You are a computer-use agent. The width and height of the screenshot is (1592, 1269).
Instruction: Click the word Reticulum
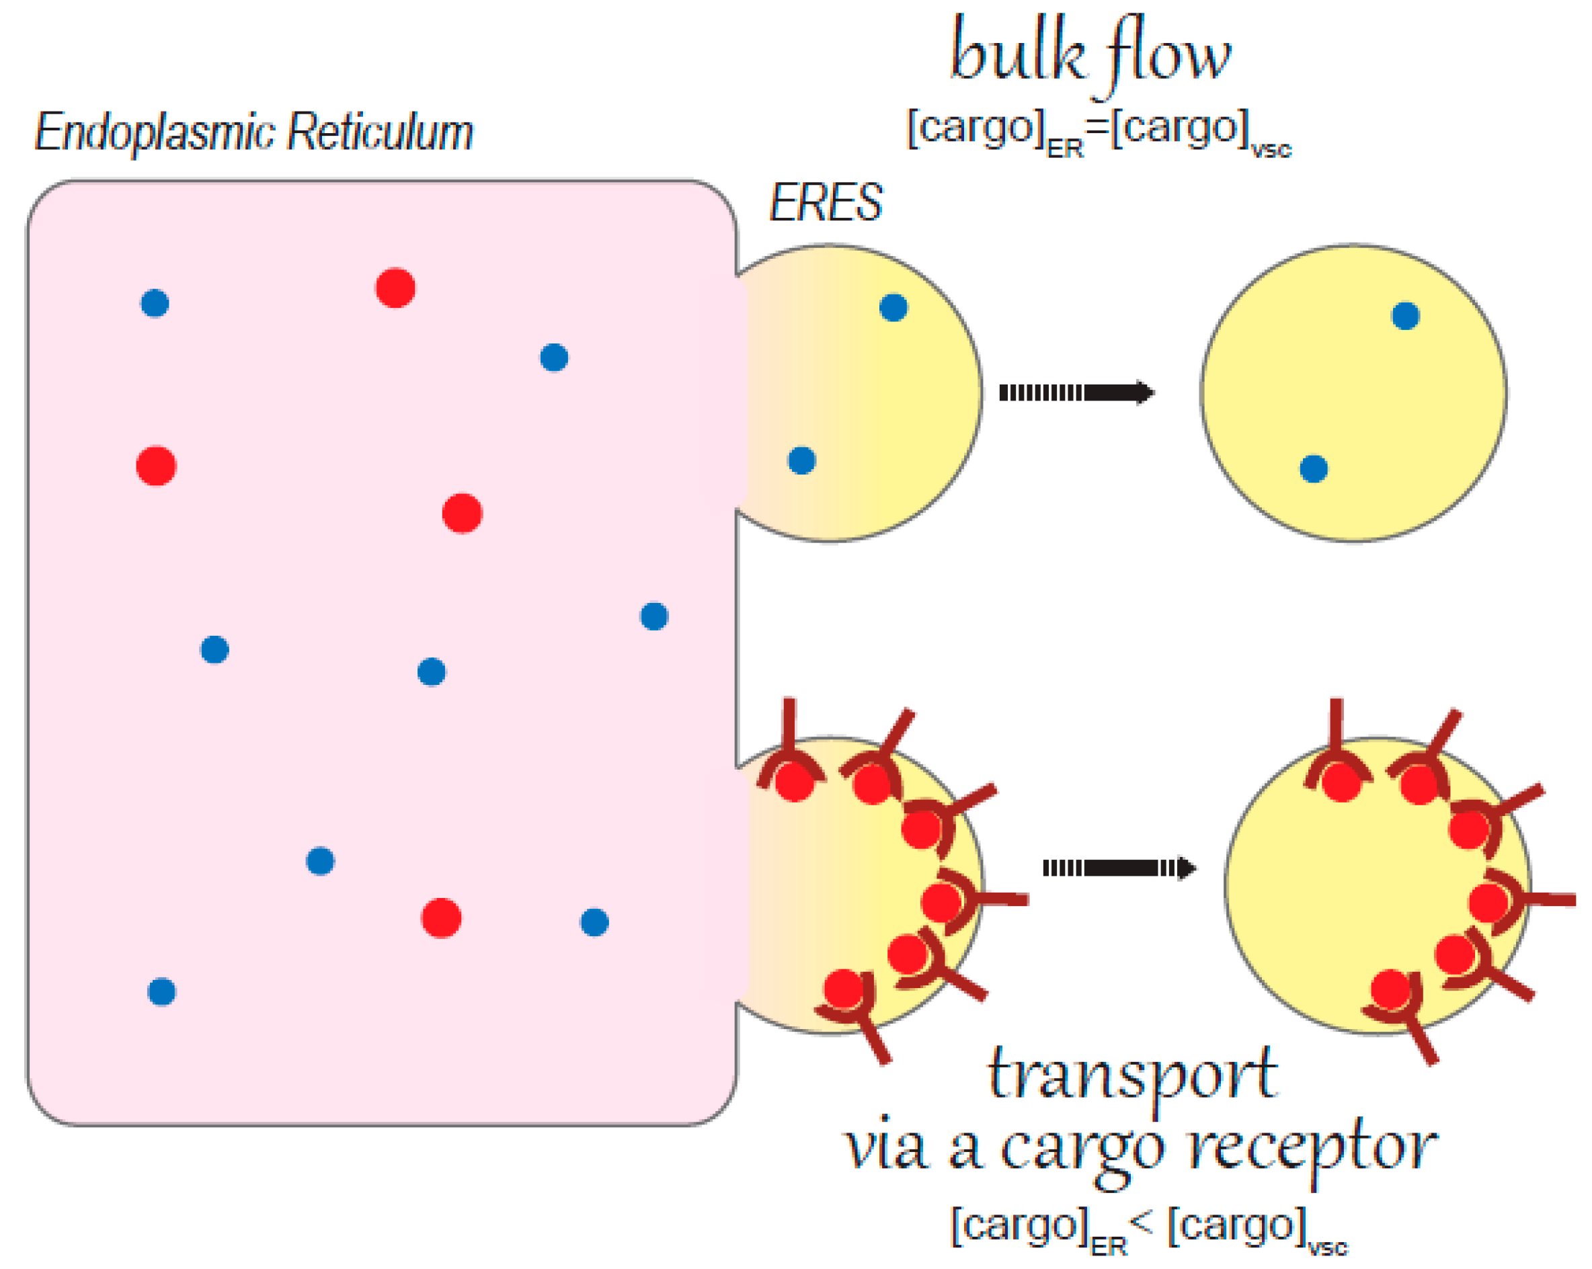(x=381, y=133)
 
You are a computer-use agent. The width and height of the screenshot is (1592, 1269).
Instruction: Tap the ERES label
(x=826, y=202)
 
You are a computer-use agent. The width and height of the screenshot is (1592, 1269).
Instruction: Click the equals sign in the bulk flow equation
(x=1098, y=128)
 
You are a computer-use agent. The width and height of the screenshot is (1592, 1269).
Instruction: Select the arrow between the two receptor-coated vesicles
(x=1118, y=868)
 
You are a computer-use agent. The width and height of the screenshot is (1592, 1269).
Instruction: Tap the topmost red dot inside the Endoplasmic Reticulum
(x=395, y=288)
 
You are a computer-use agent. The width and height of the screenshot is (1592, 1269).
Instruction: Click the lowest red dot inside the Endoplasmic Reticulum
(x=442, y=918)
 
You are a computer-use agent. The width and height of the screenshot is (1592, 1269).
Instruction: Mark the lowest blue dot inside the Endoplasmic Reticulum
(x=162, y=991)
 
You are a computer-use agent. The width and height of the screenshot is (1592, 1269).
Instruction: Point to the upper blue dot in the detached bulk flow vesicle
(x=1405, y=316)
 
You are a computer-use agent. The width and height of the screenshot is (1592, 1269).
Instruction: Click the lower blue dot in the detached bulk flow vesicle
(x=1314, y=468)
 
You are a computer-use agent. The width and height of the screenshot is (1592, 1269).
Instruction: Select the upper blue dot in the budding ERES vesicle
(x=893, y=308)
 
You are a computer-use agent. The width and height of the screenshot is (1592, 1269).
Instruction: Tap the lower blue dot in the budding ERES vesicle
(x=802, y=460)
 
